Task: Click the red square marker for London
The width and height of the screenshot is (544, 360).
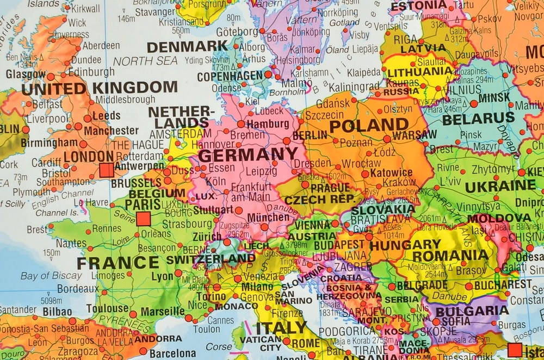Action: click(x=107, y=170)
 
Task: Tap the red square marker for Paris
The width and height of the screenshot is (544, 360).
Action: click(x=143, y=219)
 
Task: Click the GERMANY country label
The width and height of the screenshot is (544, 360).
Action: click(x=248, y=154)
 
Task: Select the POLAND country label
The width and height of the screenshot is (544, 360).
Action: click(x=368, y=126)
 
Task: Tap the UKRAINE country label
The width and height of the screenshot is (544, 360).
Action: click(x=500, y=185)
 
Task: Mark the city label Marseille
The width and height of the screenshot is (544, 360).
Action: click(x=162, y=312)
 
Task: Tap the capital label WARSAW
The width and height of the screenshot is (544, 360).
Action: click(x=415, y=134)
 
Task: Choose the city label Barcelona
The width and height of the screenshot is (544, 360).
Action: click(x=172, y=353)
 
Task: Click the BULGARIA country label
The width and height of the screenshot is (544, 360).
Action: click(x=472, y=311)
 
